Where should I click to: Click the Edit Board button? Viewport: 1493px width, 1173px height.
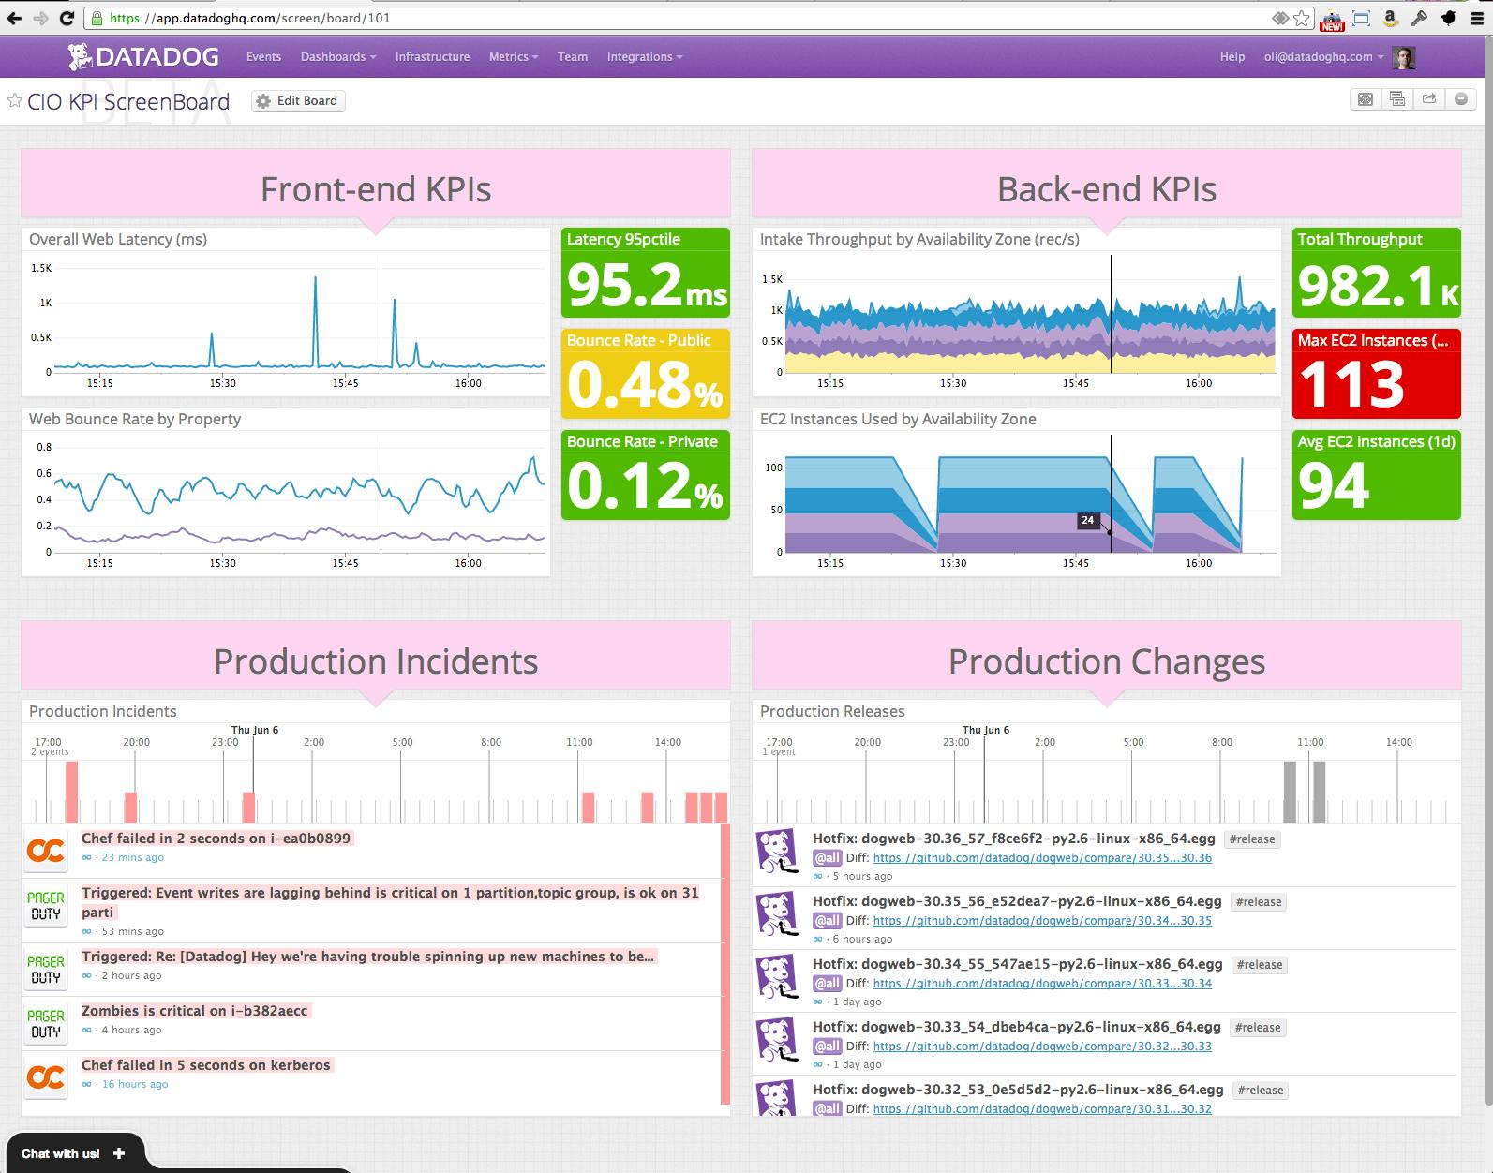coord(298,101)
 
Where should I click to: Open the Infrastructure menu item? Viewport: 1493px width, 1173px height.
coord(432,57)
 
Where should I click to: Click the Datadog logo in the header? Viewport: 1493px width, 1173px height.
coord(143,57)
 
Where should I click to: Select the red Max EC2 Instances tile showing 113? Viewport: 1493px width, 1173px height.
coord(1376,374)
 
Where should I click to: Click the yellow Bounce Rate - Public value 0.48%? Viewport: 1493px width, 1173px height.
coord(645,385)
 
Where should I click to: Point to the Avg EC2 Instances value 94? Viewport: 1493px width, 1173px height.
coord(1334,485)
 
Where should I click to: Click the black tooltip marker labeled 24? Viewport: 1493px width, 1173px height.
coord(1087,520)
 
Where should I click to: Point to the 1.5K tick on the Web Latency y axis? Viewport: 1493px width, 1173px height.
coord(41,269)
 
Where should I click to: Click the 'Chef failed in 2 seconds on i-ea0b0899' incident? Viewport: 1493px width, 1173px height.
coord(216,839)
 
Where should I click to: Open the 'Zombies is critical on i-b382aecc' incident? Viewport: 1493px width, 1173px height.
coord(194,1011)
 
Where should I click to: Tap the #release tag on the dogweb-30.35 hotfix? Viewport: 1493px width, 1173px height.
coord(1258,902)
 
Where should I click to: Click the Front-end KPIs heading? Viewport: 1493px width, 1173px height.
coord(376,189)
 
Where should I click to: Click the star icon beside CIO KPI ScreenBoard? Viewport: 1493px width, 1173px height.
coord(14,101)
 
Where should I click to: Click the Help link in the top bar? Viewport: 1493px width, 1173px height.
coord(1232,57)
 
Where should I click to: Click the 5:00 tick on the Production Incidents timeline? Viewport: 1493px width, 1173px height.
coord(402,742)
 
